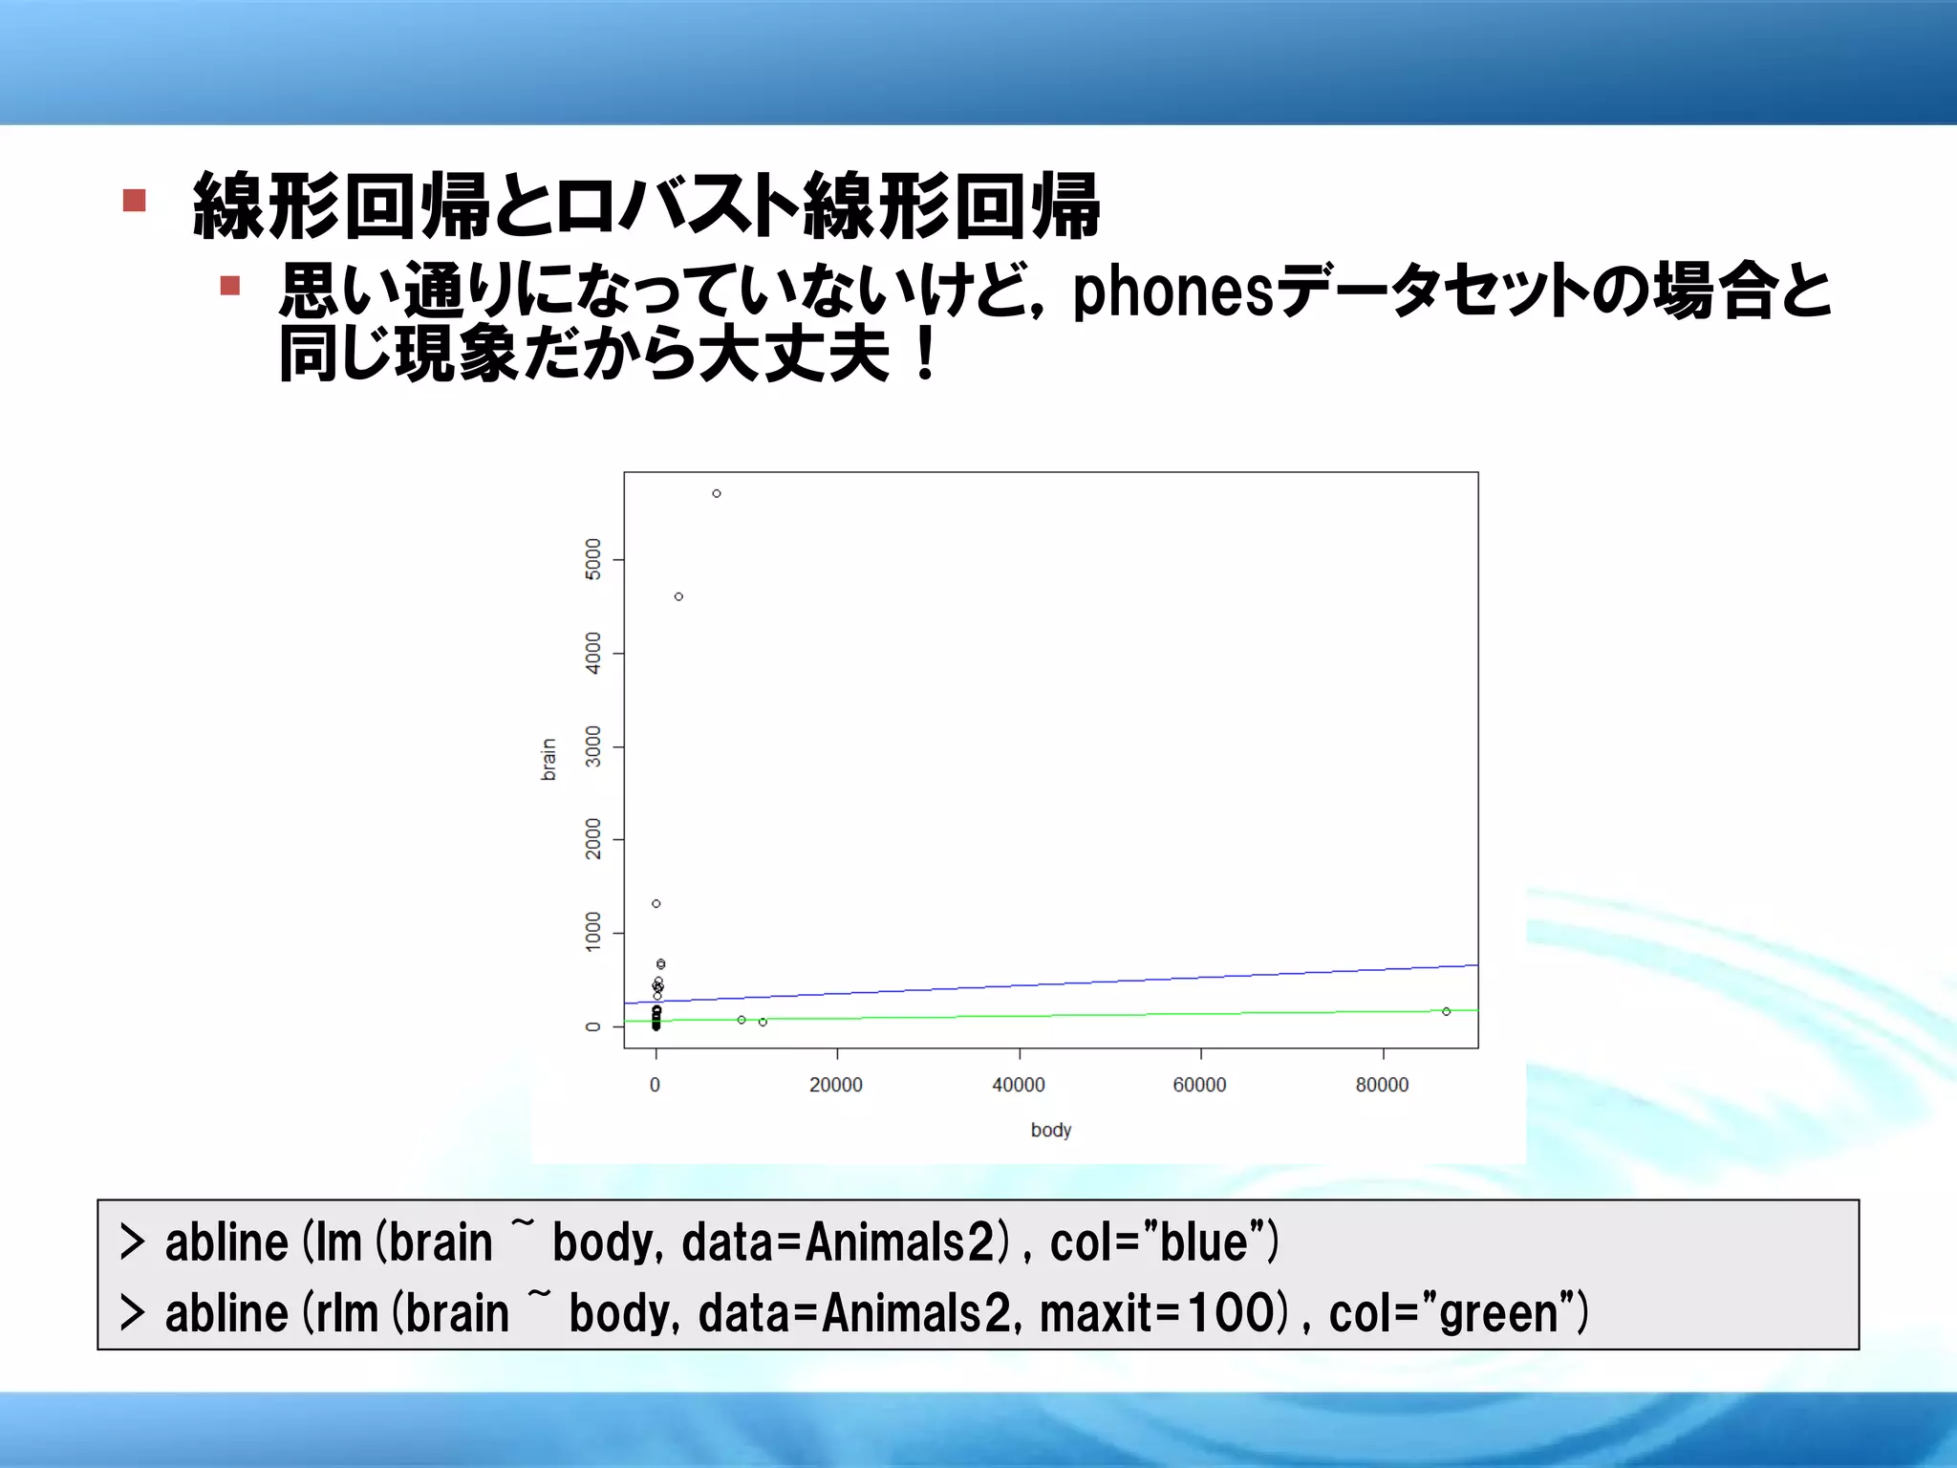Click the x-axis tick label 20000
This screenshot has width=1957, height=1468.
(836, 1085)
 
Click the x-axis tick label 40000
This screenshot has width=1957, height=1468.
(1019, 1085)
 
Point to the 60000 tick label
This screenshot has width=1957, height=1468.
(1200, 1085)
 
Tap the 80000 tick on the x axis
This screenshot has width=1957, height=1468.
(1382, 1085)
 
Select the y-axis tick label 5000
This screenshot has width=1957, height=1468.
(593, 559)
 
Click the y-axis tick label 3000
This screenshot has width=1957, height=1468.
(593, 746)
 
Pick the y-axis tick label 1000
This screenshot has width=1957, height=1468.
(593, 932)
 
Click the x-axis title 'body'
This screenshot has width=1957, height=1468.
(1051, 1130)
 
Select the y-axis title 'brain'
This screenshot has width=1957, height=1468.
(548, 760)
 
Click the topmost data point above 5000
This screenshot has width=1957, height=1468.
(717, 493)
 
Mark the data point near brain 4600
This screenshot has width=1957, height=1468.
(678, 596)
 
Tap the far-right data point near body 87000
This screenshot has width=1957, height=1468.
(1447, 1011)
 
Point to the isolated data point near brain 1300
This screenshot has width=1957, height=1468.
(656, 903)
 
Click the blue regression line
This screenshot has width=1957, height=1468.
(1051, 983)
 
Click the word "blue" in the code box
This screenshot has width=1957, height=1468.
(1211, 1242)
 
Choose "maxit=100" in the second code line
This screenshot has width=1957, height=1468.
(1157, 1313)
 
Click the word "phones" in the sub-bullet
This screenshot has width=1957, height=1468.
(1173, 291)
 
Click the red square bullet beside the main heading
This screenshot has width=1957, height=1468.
(135, 201)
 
